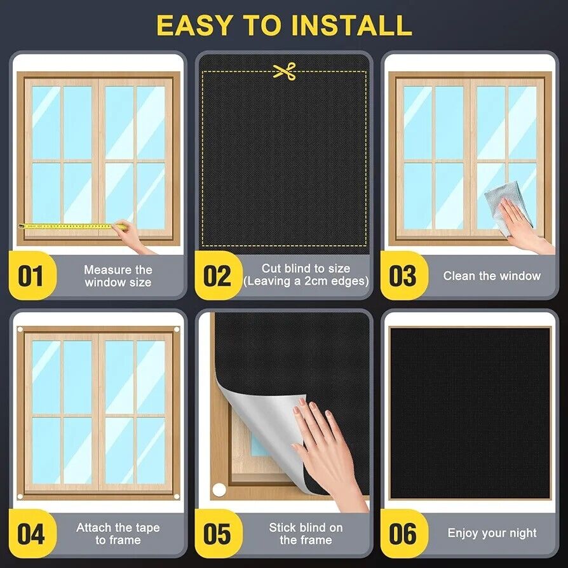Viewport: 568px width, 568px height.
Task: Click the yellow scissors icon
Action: coord(285,71)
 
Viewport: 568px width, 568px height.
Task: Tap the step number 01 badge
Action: coord(32,275)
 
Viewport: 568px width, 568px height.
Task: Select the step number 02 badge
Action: coord(218,275)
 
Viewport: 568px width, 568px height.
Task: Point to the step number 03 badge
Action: coord(403,275)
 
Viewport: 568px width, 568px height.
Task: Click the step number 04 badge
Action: coord(32,534)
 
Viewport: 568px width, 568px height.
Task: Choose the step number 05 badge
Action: coord(218,534)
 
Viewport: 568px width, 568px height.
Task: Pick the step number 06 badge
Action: coord(403,534)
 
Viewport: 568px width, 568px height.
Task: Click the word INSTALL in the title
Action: coord(351,25)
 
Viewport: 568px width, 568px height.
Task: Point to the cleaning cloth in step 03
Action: coord(508,206)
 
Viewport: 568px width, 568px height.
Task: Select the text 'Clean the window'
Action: coord(492,276)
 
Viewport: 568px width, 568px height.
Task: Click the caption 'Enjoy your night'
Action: coord(492,533)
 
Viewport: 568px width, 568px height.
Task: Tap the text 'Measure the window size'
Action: coord(118,276)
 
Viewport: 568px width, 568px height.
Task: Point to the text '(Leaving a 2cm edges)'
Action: coord(306,281)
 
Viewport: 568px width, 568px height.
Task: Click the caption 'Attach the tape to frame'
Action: coord(118,534)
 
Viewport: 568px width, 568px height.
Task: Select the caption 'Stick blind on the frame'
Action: coord(306,534)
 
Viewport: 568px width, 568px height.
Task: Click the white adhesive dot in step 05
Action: coord(219,490)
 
